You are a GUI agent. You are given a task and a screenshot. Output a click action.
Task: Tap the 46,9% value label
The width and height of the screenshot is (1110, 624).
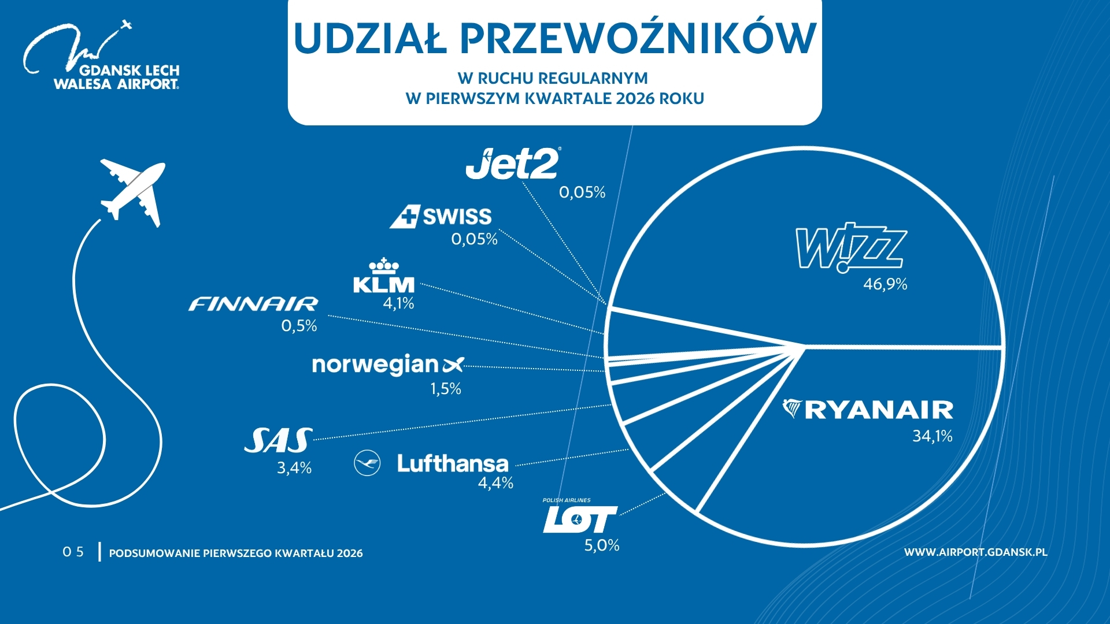click(885, 284)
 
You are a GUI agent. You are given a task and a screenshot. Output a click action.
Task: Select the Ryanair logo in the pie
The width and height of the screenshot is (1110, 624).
click(868, 410)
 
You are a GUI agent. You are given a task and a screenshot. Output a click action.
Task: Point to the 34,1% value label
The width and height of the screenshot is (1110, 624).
click(932, 436)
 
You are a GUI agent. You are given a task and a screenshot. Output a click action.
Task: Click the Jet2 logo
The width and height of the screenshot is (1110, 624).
click(513, 164)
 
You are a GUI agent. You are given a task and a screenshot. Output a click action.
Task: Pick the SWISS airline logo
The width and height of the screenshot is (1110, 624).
click(441, 217)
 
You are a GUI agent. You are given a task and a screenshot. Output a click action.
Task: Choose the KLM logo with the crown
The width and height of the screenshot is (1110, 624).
click(384, 277)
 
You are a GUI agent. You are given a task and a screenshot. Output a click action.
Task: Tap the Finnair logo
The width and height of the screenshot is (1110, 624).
click(253, 304)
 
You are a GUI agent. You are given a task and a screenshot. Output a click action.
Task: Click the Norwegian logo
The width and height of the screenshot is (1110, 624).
click(387, 365)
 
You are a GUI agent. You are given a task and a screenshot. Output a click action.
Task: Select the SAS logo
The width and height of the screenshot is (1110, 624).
click(279, 441)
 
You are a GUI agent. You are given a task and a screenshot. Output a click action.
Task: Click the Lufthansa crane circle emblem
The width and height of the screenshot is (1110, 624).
click(367, 463)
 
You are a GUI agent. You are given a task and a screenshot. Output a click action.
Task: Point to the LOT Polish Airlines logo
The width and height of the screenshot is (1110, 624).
click(579, 518)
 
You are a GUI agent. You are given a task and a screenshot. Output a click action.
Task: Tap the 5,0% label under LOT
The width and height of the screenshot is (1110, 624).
click(602, 545)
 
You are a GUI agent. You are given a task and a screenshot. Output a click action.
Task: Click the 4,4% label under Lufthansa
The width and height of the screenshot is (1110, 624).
click(495, 483)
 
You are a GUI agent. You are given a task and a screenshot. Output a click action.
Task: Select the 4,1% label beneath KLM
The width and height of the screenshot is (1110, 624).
click(398, 303)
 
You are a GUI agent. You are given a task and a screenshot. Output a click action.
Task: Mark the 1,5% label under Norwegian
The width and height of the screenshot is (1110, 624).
click(446, 389)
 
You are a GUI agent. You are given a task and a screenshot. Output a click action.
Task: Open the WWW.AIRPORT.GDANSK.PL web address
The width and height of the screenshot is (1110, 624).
click(975, 552)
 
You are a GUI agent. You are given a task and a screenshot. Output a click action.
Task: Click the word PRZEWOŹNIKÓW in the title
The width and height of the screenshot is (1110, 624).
click(638, 39)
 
